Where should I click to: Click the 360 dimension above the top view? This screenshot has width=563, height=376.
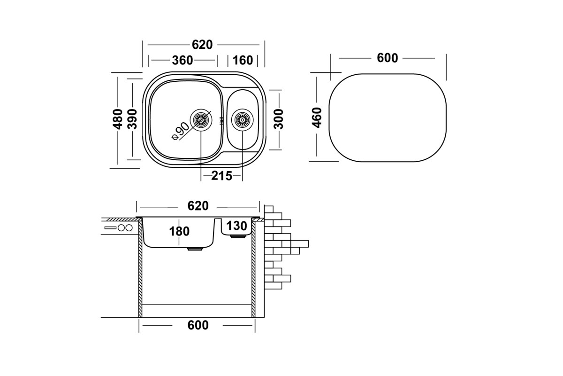point(183,61)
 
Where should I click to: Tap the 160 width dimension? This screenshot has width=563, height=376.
point(243,61)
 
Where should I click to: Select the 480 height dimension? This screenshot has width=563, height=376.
point(118,119)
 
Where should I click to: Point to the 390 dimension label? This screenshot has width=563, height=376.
point(132,119)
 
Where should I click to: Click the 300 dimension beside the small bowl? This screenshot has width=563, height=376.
point(279,119)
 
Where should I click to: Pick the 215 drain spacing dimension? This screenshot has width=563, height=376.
point(221,176)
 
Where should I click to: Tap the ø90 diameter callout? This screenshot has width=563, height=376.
point(180,131)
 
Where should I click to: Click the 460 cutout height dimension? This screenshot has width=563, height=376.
point(317,117)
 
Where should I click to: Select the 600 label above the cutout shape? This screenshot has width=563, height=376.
point(388,58)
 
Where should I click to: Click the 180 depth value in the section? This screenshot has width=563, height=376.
point(179,231)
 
